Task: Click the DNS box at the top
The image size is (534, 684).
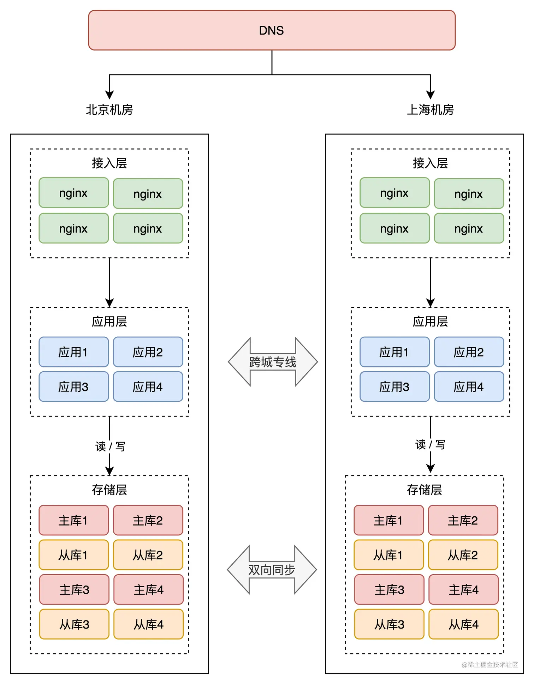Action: tap(272, 30)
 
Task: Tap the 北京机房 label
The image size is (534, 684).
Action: tap(109, 110)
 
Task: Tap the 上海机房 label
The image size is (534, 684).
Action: tap(430, 110)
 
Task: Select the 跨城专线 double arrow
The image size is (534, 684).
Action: tap(273, 362)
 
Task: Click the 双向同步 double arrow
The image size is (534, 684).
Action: tap(272, 570)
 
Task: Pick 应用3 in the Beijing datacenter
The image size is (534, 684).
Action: tap(73, 387)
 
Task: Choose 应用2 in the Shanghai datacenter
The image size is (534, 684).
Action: tap(469, 352)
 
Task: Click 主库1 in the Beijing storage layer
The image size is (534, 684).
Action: tap(73, 520)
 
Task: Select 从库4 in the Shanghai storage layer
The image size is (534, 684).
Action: tap(463, 624)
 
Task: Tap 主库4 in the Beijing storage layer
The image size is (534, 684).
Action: tap(148, 590)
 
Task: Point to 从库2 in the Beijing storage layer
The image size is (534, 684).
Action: tap(148, 555)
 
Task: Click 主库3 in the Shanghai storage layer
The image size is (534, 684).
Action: tap(389, 590)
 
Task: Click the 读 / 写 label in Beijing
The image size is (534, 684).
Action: tap(110, 446)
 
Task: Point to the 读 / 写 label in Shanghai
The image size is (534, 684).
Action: tap(430, 445)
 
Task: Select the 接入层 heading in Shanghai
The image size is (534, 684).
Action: tap(430, 163)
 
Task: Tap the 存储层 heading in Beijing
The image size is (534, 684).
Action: tap(109, 490)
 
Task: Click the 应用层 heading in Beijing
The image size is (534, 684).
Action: tap(109, 322)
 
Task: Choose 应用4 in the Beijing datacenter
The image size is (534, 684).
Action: tap(148, 387)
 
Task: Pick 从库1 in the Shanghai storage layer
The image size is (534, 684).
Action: tap(388, 555)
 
